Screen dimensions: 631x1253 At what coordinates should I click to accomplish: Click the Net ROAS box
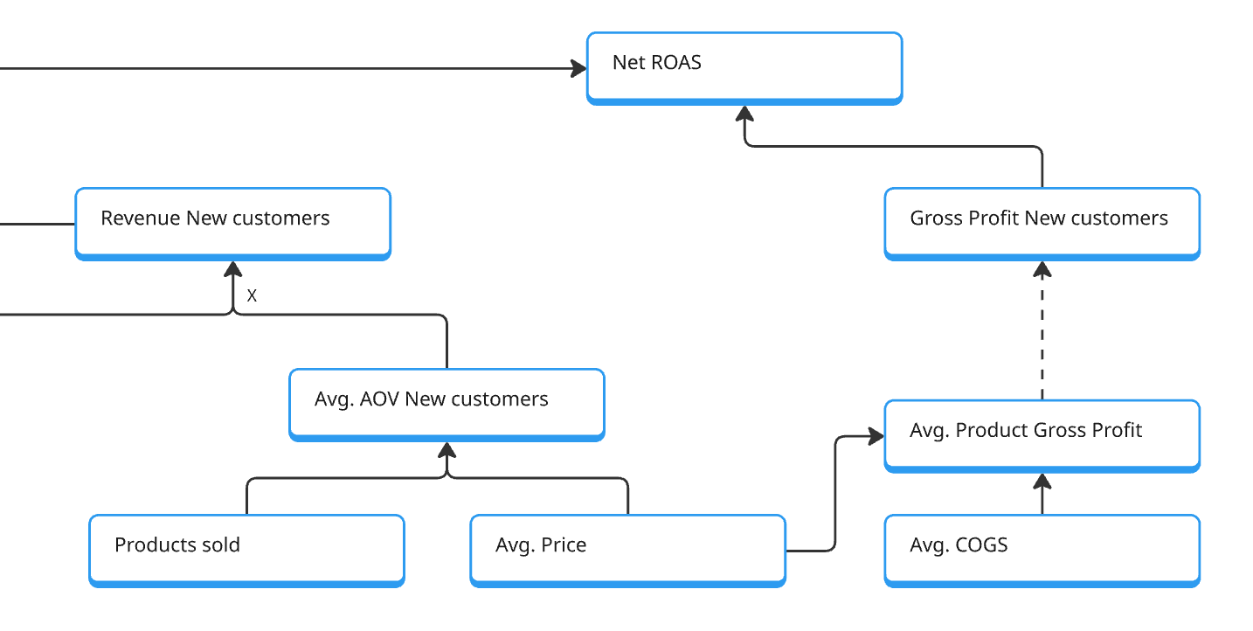tap(744, 67)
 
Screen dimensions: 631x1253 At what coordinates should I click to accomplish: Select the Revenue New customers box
tap(232, 223)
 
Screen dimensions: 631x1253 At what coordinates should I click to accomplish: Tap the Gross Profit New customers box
tap(1042, 223)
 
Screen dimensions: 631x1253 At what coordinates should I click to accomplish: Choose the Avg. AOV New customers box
tap(447, 404)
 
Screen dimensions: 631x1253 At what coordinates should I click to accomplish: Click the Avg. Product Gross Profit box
tap(1042, 435)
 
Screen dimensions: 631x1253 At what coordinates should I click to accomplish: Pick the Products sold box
tap(246, 549)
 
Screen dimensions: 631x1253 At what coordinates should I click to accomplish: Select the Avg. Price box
tap(627, 549)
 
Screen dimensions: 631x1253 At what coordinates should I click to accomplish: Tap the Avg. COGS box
tap(1042, 549)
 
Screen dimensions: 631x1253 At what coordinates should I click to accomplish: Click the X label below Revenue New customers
tap(252, 296)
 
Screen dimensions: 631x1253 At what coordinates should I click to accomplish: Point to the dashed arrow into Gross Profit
tap(1042, 332)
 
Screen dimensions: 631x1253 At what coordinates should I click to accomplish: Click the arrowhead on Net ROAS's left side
tap(578, 68)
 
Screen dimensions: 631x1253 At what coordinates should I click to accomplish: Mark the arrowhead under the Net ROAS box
tap(744, 114)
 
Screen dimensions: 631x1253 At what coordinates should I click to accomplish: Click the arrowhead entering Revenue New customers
tap(232, 269)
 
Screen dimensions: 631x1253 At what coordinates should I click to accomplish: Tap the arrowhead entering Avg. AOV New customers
tap(447, 450)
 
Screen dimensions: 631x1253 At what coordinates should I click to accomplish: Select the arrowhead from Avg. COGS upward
tap(1042, 482)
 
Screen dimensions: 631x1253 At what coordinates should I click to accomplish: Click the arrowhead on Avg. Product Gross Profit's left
tap(876, 436)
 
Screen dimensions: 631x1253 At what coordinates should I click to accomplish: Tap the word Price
tap(564, 545)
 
